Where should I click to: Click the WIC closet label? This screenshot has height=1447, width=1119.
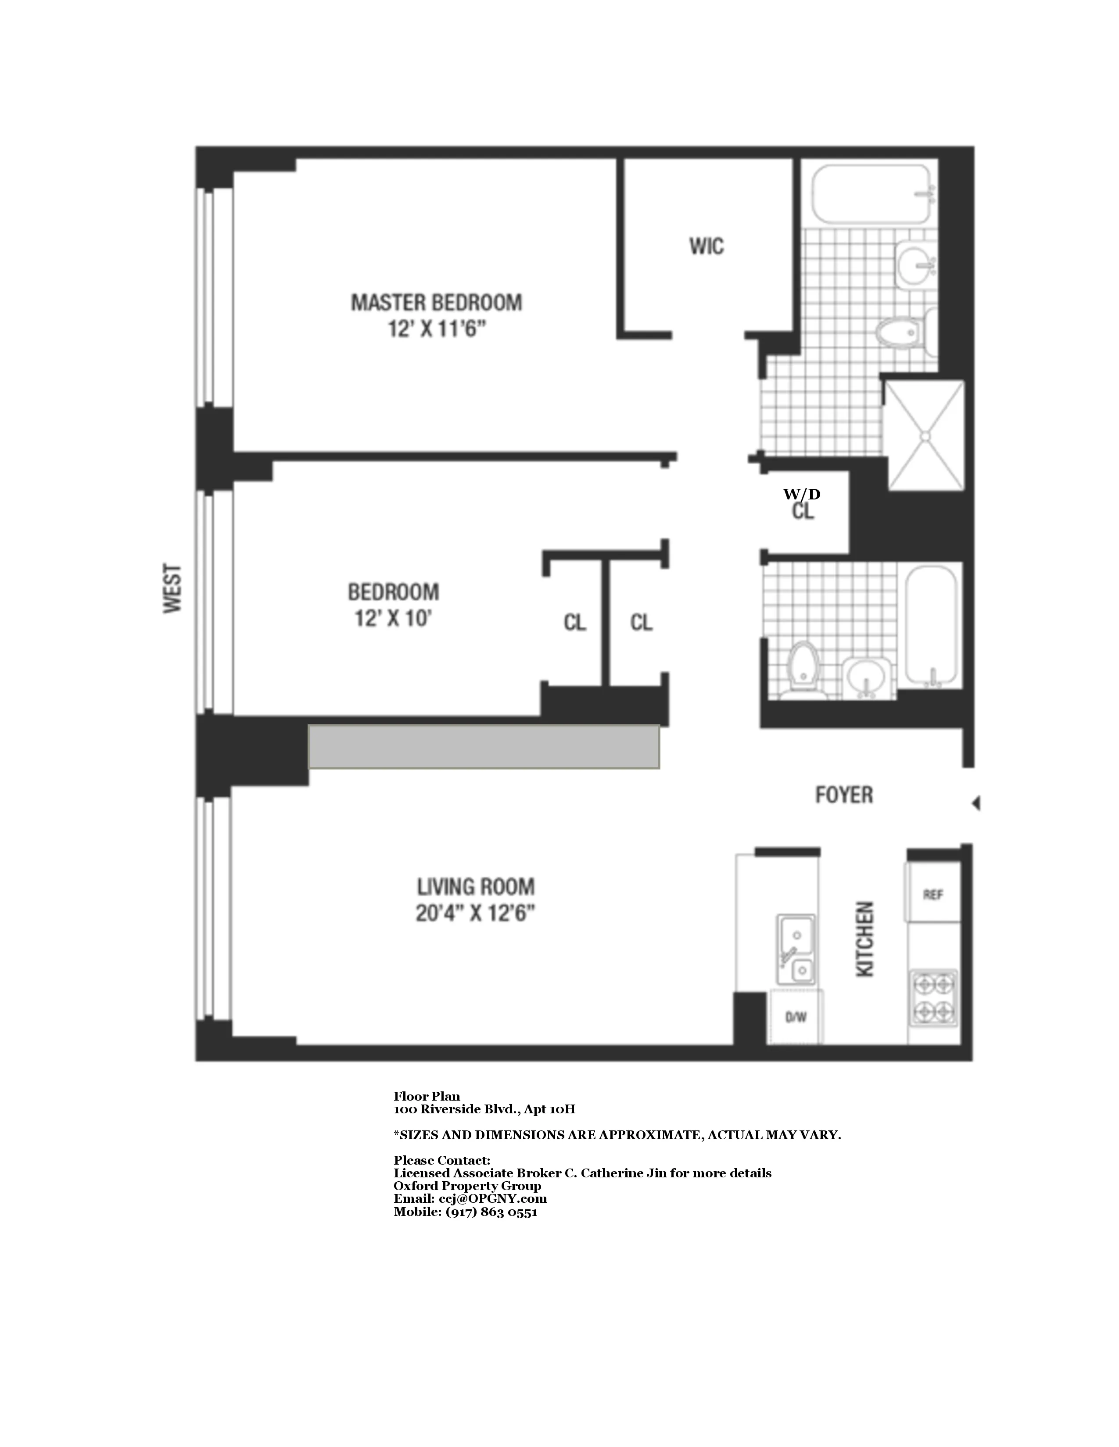[x=706, y=246]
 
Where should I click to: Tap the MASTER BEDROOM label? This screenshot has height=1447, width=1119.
[x=436, y=303]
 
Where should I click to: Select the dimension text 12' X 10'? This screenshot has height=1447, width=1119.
[x=393, y=619]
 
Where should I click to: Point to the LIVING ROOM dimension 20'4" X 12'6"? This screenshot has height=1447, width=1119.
[x=475, y=914]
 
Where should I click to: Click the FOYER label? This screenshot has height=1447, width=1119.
[x=843, y=795]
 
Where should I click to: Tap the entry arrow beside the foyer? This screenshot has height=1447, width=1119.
[x=976, y=804]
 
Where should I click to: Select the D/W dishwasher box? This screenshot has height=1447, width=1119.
[x=796, y=1017]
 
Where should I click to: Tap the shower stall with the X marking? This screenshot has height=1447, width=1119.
[x=925, y=435]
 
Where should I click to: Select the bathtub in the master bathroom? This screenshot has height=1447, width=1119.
[x=871, y=195]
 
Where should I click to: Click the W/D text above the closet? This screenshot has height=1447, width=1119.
[x=801, y=494]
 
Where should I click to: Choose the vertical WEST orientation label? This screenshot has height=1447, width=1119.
[x=172, y=588]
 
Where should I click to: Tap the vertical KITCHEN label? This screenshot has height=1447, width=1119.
[x=865, y=939]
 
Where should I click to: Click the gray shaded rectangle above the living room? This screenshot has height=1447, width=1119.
[x=484, y=747]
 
